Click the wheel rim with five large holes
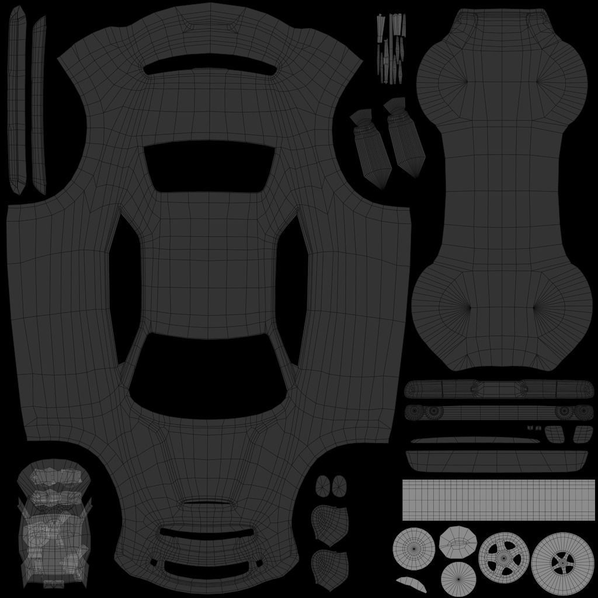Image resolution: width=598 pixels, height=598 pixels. [x=504, y=556]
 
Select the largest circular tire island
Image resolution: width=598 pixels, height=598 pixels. [x=562, y=563]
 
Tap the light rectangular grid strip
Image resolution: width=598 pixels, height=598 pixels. [x=498, y=499]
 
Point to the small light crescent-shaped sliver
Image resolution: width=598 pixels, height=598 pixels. [x=411, y=583]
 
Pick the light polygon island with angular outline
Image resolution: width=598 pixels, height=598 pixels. [x=458, y=541]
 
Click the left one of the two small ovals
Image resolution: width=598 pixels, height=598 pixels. [x=323, y=485]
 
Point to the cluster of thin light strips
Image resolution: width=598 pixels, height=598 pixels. [x=391, y=47]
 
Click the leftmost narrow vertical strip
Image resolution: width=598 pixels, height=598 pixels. [x=16, y=99]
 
